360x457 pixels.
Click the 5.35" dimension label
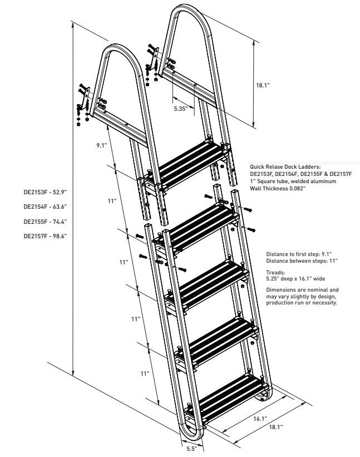[x=179, y=109]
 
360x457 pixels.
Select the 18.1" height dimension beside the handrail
[x=263, y=85]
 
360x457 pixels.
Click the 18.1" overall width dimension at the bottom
[x=275, y=427]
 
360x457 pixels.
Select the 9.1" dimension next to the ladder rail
[x=101, y=145]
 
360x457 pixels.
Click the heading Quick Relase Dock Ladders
[x=285, y=166]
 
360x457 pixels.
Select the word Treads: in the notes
[x=275, y=273]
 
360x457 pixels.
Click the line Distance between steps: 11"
[x=302, y=261]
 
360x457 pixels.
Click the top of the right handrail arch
[x=190, y=8]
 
